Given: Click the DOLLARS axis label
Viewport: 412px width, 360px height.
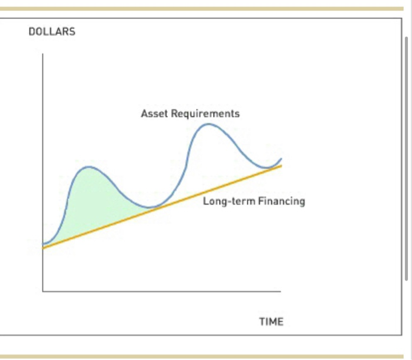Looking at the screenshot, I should pos(52,32).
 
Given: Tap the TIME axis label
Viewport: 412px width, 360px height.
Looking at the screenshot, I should pos(271,322).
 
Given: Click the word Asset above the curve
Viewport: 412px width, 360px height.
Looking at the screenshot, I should pos(154,114).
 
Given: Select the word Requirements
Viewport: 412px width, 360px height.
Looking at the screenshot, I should pos(205,114).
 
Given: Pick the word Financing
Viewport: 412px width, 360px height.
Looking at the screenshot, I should pos(281,201).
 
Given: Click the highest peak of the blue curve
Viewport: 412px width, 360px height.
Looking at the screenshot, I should pos(207,124).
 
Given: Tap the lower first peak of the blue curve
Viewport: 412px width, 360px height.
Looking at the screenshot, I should pos(89,167).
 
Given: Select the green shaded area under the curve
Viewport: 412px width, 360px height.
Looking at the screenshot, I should pos(88,200).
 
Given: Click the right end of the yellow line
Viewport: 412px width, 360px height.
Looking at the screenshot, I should pos(281,165).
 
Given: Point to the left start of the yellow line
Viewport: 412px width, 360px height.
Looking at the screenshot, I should pos(44,248).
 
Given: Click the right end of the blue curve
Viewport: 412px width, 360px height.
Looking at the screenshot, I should pos(281,159).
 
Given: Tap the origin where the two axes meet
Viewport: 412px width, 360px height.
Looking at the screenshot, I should pos(42,291).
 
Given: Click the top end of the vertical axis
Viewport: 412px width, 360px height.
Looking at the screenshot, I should pos(42,54).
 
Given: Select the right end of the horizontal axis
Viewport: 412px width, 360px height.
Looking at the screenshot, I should pos(280,291).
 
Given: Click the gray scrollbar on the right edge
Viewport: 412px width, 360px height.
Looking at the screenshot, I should pos(407,159).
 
